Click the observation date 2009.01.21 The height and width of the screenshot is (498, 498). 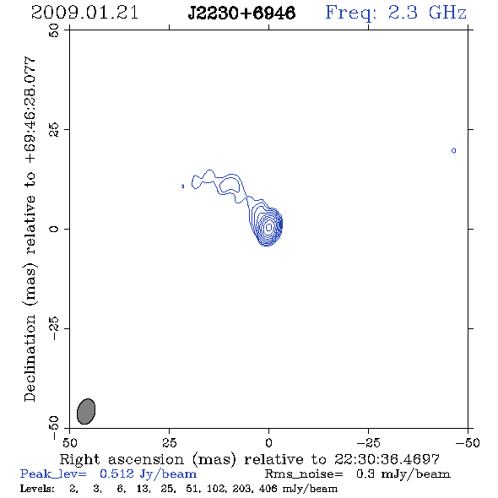point(84,13)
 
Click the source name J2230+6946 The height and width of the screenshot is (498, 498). point(241,14)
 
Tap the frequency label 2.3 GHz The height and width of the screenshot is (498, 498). point(427,13)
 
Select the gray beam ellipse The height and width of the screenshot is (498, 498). point(86,411)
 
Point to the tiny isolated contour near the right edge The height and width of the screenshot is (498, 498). point(453,150)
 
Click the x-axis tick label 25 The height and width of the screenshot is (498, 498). point(169,443)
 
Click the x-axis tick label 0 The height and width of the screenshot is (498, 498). point(268,443)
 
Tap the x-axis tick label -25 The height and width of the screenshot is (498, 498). point(368,443)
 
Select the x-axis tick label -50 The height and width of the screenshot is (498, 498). point(468,443)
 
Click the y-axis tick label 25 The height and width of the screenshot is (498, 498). point(54,130)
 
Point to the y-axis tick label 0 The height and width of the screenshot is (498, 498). point(54,229)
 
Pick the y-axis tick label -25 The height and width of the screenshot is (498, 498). point(54,328)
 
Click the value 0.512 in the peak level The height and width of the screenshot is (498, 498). point(116,474)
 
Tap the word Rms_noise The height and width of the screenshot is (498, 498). point(304,474)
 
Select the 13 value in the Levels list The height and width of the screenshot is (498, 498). point(143,489)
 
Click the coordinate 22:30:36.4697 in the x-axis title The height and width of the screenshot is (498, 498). point(387,459)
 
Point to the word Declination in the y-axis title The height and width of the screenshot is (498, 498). point(30,358)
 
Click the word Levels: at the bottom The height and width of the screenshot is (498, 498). point(37,489)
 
